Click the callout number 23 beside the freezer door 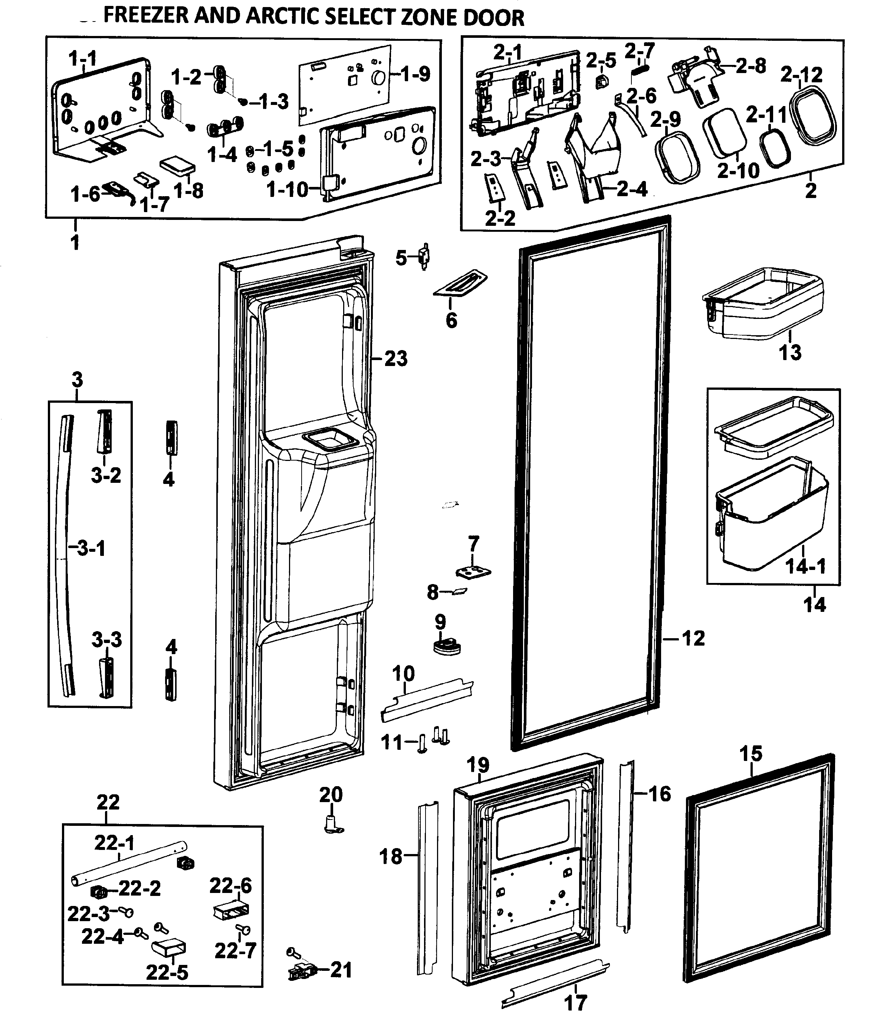396,359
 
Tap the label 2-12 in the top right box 801,75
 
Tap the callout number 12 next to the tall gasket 693,638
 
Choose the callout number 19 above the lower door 478,765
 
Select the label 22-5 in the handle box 167,973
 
